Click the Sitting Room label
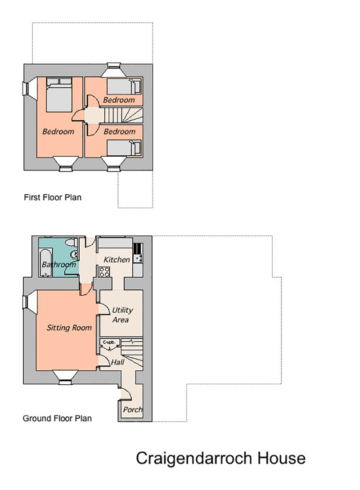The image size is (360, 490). point(69,328)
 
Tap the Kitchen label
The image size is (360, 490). point(117,260)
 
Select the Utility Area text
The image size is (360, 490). point(122,315)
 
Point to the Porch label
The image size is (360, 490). point(133,409)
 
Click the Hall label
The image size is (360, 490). point(117,362)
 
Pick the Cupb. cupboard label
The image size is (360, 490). point(109,342)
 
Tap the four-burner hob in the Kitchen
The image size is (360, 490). point(104,272)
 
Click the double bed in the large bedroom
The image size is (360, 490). point(59,94)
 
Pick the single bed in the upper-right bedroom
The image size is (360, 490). point(124,86)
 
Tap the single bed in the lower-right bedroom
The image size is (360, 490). point(124,148)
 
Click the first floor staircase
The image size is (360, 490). point(123,116)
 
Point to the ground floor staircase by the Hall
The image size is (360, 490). point(132,352)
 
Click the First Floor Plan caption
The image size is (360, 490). point(53,198)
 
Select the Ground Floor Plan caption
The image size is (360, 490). point(57,418)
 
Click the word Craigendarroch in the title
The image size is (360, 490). point(194,459)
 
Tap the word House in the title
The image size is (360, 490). point(281,459)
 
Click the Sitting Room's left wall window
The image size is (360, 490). point(26,302)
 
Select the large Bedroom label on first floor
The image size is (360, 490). point(58,131)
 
